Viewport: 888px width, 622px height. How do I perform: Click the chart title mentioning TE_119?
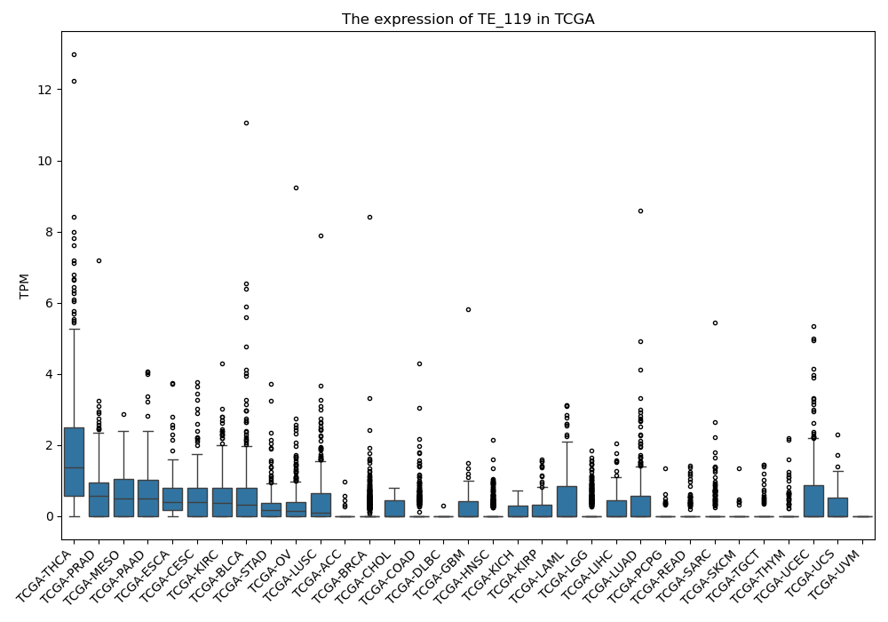[x=468, y=20]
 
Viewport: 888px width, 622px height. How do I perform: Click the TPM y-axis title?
[x=24, y=286]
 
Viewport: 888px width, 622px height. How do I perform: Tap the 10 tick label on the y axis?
[x=44, y=162]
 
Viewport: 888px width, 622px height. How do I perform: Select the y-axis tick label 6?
[x=49, y=304]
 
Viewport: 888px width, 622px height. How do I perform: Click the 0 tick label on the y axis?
[x=49, y=516]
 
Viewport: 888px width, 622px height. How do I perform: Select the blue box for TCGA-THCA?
[x=75, y=462]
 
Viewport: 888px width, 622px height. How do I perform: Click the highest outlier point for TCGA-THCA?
[x=75, y=55]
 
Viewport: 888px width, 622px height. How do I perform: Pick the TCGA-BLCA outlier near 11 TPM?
[x=246, y=123]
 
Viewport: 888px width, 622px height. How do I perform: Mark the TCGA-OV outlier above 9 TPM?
[x=296, y=188]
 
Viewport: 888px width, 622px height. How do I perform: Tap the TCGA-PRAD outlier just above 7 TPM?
[x=99, y=261]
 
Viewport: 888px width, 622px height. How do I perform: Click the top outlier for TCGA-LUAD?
[x=640, y=211]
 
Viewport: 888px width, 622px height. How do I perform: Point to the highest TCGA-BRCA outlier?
[x=369, y=218]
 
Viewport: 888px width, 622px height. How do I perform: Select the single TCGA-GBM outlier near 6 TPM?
[x=468, y=310]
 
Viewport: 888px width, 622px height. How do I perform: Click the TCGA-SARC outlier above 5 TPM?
[x=715, y=323]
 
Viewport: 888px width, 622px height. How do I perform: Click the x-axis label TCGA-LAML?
[x=539, y=575]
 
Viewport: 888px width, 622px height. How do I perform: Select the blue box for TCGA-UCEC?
[x=813, y=501]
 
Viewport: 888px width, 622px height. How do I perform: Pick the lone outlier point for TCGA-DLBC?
[x=443, y=506]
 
